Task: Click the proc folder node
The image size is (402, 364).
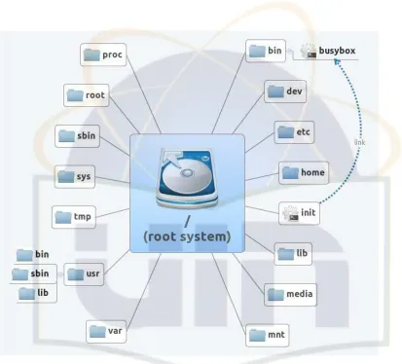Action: coord(103,55)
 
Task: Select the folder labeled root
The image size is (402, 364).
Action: coord(87,95)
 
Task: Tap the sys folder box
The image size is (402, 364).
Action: coord(75,177)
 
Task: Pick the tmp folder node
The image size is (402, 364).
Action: coord(74,217)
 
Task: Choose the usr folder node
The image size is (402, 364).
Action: coord(84,274)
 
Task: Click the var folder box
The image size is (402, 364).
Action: coord(106,332)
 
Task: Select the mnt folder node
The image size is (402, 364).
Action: coord(268,335)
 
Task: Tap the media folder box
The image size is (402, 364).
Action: coord(290,295)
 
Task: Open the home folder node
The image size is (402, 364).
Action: coord(304,173)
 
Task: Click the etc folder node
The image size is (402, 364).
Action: coord(294,132)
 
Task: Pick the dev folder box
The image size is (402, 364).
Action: coord(285,91)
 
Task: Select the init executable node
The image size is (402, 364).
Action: coord(299,213)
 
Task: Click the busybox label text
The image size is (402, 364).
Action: coord(337,51)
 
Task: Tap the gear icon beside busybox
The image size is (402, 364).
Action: coord(309,51)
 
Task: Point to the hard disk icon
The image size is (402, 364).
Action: coord(187,178)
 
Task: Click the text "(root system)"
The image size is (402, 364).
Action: coord(187,237)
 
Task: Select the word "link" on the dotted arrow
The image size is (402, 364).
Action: coord(360,142)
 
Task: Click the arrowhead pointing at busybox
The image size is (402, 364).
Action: coord(337,61)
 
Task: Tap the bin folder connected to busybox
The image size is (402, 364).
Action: coord(266,51)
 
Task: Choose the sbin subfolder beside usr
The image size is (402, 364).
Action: coord(33,274)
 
